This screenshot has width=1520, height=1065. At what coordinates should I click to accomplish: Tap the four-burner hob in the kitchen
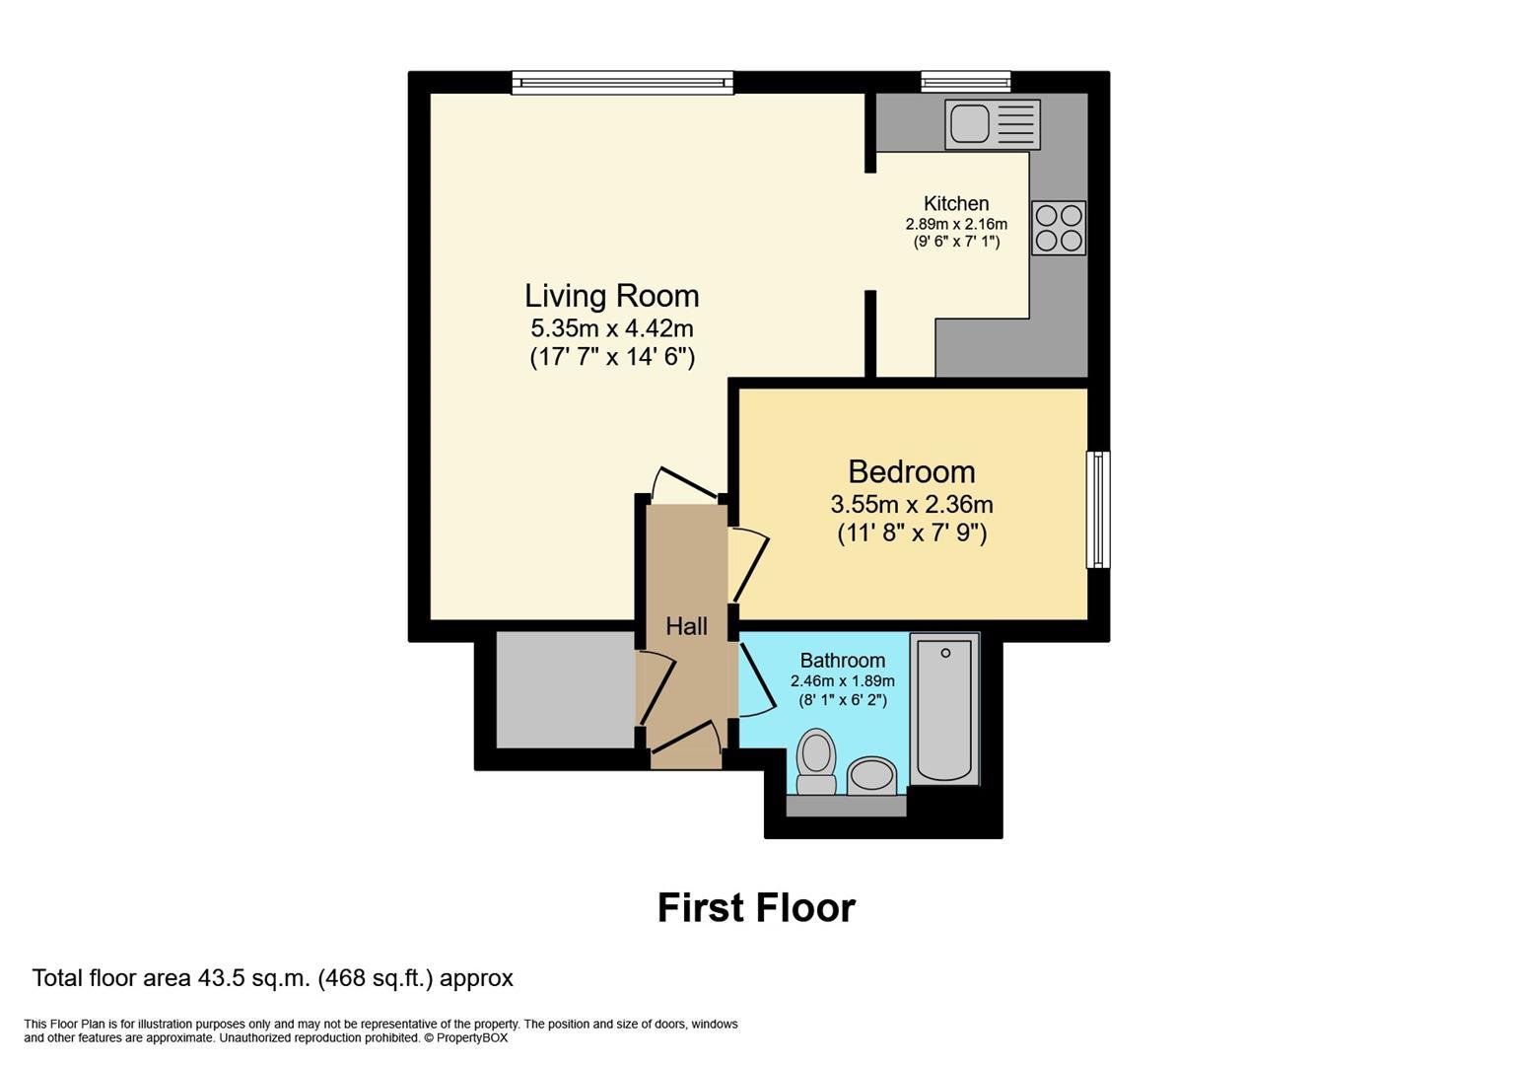tap(1059, 228)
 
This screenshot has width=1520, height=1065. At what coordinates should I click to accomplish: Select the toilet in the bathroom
tap(816, 761)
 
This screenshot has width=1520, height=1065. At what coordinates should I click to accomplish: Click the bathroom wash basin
tap(870, 774)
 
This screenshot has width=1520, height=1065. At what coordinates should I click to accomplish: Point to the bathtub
tap(944, 708)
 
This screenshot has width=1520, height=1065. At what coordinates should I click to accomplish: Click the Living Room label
tap(611, 296)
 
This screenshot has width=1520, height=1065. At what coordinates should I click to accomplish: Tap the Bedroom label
tap(911, 471)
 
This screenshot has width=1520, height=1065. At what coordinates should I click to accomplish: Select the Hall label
tap(686, 626)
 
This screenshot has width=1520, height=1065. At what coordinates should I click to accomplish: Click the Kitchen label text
tap(955, 204)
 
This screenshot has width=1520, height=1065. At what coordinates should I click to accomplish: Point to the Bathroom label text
tap(842, 661)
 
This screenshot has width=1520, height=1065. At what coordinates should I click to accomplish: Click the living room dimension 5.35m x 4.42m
tap(611, 328)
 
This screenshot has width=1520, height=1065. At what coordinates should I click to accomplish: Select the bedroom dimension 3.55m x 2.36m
tap(911, 505)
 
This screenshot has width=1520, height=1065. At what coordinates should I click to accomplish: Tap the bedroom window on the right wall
tap(1097, 509)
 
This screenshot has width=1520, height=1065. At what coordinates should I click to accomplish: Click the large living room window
tap(622, 83)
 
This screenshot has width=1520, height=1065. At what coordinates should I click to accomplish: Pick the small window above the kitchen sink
tap(965, 82)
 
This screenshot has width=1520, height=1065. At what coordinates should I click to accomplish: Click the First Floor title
tap(756, 907)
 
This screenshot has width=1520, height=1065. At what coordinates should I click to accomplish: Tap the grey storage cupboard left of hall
tap(564, 689)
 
